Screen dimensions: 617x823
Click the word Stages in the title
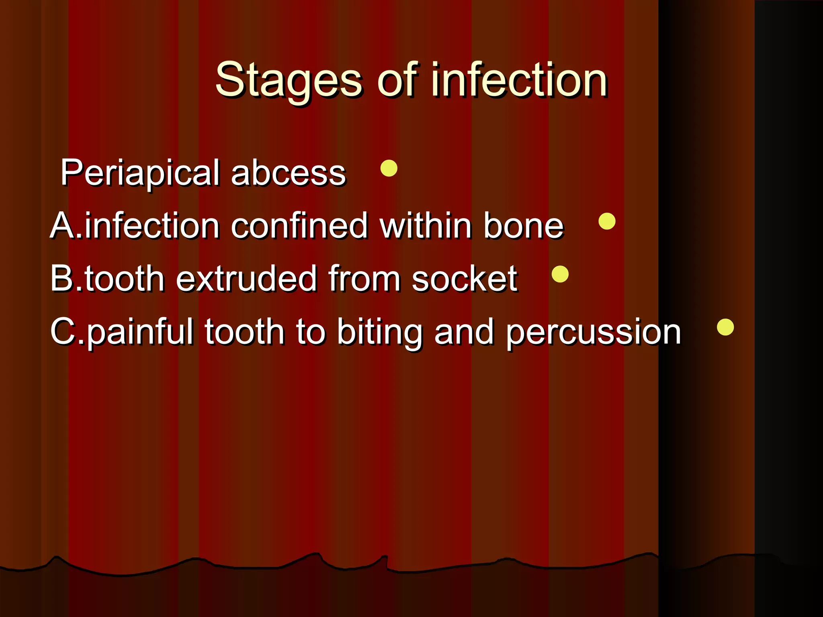pyautogui.click(x=289, y=80)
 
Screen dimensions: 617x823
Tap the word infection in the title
pyautogui.click(x=519, y=80)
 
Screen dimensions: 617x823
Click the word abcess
pyautogui.click(x=288, y=173)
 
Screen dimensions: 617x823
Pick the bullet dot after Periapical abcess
pyautogui.click(x=389, y=168)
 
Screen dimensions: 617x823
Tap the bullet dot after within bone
pyautogui.click(x=607, y=221)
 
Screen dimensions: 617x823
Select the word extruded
pyautogui.click(x=246, y=279)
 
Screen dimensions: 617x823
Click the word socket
pyautogui.click(x=465, y=279)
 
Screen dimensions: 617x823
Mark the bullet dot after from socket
pyautogui.click(x=560, y=274)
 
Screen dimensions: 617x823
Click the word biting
pyautogui.click(x=379, y=333)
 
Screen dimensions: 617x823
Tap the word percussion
pyautogui.click(x=593, y=333)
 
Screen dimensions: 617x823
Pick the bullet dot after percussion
pyautogui.click(x=725, y=327)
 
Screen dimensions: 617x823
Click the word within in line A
pyautogui.click(x=426, y=226)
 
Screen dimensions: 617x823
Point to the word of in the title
pyautogui.click(x=397, y=80)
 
